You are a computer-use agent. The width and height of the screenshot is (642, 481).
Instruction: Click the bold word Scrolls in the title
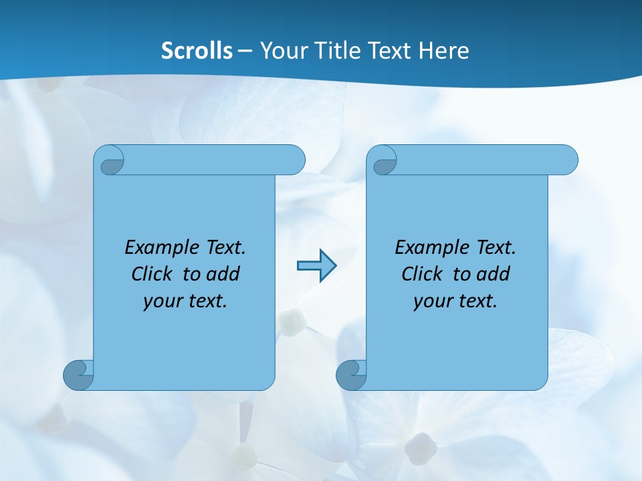197,51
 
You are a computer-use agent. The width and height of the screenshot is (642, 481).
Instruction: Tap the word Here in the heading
443,51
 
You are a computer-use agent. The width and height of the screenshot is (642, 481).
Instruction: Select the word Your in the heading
282,51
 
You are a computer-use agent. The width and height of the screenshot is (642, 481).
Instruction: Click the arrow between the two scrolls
316,266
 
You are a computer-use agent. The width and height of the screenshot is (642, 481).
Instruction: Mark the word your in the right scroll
431,301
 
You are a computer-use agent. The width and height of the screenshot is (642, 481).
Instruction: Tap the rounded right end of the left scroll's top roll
294,160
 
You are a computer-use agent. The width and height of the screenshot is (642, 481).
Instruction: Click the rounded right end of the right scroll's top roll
567,160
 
